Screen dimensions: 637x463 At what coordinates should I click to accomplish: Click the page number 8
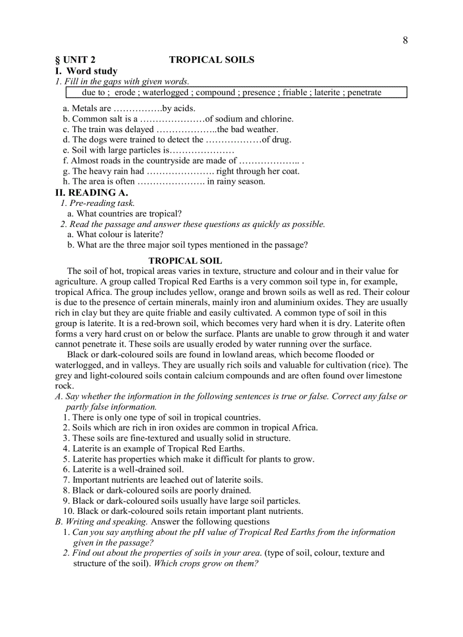pyautogui.click(x=405, y=40)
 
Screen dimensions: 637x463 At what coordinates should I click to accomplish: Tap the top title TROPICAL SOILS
pyautogui.click(x=212, y=60)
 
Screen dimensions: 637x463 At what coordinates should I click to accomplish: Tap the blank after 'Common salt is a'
pyautogui.click(x=172, y=119)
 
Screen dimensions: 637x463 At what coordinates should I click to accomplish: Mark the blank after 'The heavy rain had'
pyautogui.click(x=180, y=171)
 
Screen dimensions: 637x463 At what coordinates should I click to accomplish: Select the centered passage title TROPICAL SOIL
pyautogui.click(x=185, y=261)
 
